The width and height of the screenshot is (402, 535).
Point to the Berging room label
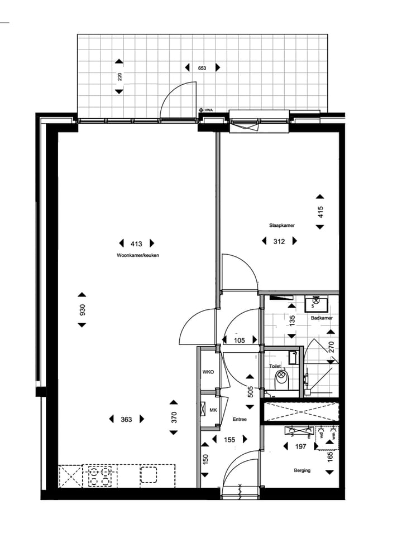(x=302, y=470)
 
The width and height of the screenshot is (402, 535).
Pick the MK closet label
(x=213, y=411)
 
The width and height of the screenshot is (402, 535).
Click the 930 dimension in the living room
(x=82, y=310)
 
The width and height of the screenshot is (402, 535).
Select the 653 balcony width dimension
(x=202, y=67)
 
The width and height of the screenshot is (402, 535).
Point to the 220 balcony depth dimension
(x=119, y=76)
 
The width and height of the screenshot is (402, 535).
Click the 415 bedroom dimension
(x=320, y=212)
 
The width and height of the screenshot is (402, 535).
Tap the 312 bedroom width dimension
(x=279, y=241)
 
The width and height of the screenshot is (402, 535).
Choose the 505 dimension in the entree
(x=251, y=391)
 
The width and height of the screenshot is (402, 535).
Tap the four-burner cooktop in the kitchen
(x=100, y=476)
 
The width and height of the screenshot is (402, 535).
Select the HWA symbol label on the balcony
(x=209, y=110)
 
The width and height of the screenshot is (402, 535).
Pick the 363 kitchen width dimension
(x=126, y=419)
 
